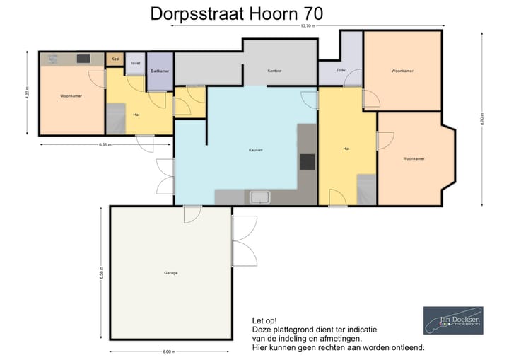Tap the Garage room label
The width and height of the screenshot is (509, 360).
[170, 272]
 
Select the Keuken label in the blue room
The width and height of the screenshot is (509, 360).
[255, 149]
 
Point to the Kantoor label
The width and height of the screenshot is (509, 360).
[275, 71]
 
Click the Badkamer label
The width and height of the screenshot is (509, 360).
[160, 71]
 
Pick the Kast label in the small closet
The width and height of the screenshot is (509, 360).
[115, 59]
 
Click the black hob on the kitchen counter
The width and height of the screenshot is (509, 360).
[307, 161]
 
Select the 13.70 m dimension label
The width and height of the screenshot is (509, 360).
[308, 26]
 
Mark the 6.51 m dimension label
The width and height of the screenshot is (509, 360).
[105, 144]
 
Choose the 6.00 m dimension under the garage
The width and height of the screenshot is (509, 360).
[168, 352]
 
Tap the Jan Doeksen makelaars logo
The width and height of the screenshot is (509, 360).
[453, 320]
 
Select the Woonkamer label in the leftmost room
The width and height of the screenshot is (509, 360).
[71, 95]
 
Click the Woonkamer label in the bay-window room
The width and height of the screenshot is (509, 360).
[414, 158]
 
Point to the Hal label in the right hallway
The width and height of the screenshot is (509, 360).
[346, 149]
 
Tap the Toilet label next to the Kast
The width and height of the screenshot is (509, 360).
[135, 63]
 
